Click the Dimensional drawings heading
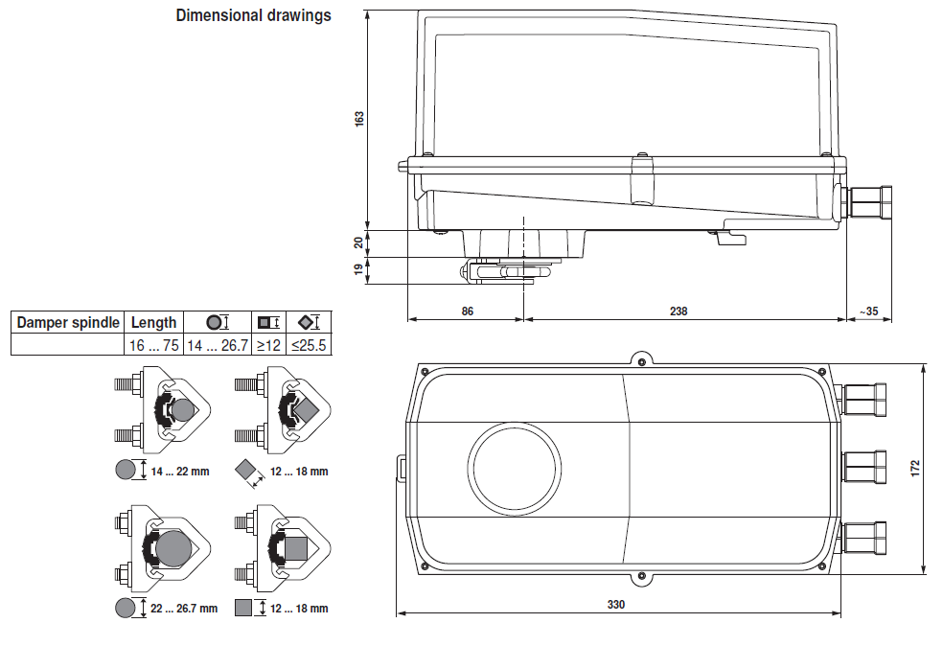click(x=253, y=15)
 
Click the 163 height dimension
click(x=359, y=119)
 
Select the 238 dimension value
click(x=678, y=311)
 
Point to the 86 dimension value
click(x=467, y=311)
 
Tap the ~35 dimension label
click(x=868, y=311)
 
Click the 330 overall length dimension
click(x=616, y=605)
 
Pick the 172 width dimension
click(x=915, y=468)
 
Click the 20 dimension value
click(x=359, y=242)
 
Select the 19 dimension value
click(x=359, y=270)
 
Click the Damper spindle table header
click(x=68, y=322)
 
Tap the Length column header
click(x=153, y=322)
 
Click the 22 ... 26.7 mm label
click(x=183, y=609)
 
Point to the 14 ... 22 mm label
click(x=178, y=471)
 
